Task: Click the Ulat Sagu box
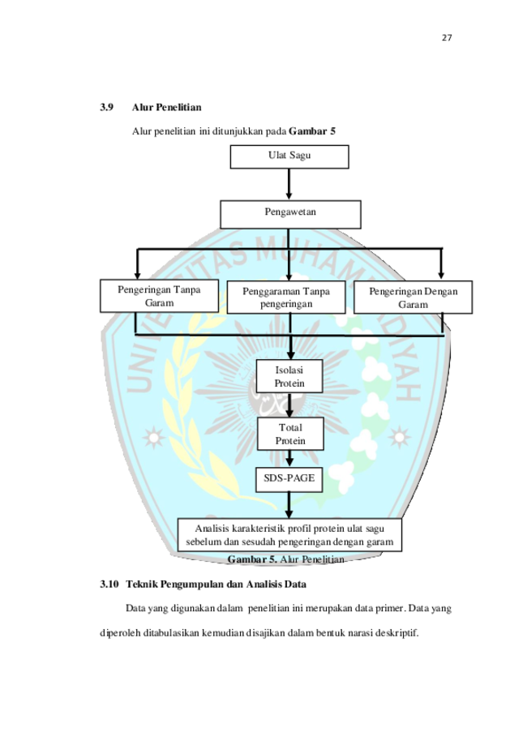click(x=289, y=156)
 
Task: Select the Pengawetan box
click(x=289, y=213)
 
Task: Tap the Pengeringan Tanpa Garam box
click(x=160, y=296)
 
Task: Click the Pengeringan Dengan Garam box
click(x=413, y=298)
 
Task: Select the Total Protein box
click(x=289, y=434)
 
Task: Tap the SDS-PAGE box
click(x=289, y=478)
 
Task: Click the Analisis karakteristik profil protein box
click(x=289, y=535)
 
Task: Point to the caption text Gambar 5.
click(x=252, y=559)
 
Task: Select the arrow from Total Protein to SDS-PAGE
click(x=289, y=459)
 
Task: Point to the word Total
click(x=289, y=427)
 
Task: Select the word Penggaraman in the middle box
click(x=272, y=291)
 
